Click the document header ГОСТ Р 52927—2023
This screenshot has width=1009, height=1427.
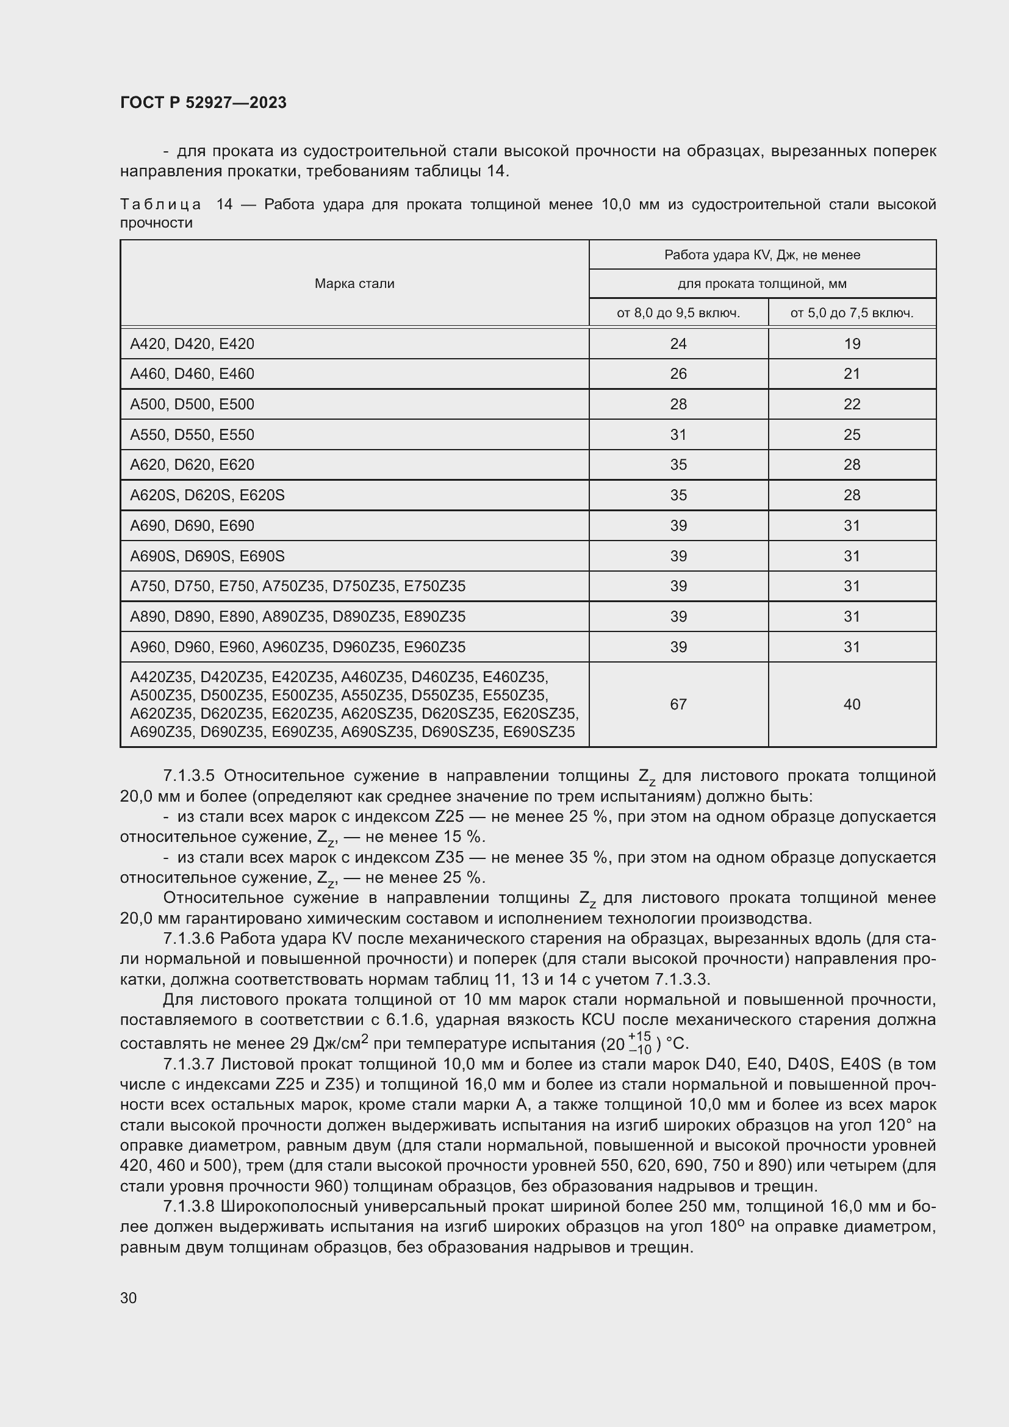203,102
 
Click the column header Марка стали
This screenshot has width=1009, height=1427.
354,284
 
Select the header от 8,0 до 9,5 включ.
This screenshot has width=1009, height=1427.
678,312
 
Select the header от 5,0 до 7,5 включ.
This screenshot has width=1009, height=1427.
851,312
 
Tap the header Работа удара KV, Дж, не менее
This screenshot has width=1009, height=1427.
762,255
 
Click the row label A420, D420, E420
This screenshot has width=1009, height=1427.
192,343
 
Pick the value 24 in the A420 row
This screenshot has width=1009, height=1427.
678,343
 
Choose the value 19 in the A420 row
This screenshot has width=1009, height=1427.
852,343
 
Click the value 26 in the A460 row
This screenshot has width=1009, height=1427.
678,373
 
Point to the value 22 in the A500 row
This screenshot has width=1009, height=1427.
852,404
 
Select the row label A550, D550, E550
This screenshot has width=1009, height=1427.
192,434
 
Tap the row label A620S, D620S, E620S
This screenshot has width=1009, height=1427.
207,495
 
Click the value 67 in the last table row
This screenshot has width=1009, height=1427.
678,704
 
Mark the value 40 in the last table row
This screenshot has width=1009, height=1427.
852,704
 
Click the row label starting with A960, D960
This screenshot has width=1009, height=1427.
297,647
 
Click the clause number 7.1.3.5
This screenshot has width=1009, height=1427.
189,775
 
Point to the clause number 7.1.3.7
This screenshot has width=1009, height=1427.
189,1065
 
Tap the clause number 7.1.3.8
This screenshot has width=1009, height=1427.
189,1206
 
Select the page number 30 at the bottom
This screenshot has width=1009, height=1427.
129,1298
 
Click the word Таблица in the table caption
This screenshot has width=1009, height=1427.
160,204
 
